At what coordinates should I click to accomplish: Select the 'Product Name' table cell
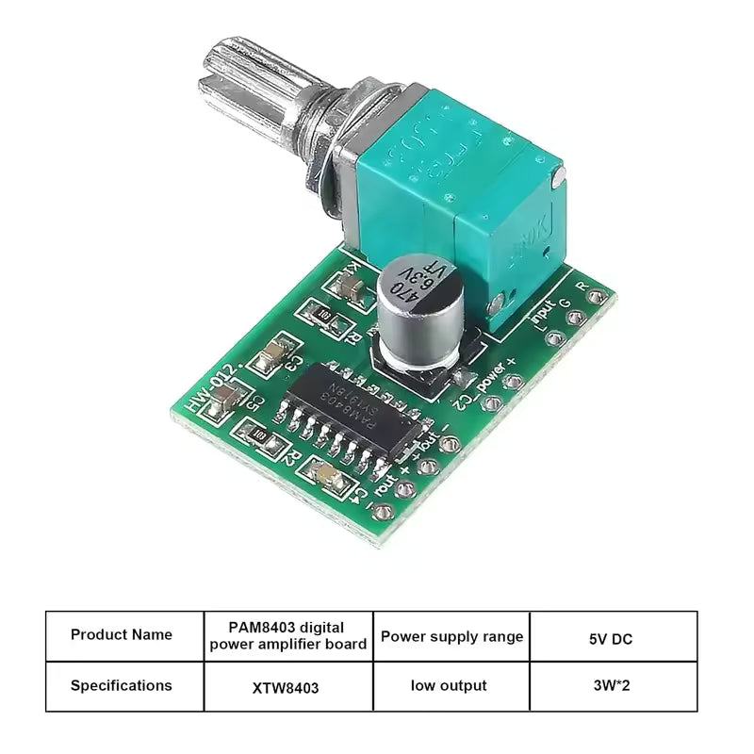coord(122,635)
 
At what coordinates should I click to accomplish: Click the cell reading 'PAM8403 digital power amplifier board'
coord(288,635)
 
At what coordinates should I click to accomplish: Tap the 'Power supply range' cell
coord(451,636)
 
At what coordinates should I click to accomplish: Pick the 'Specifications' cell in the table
coord(122,685)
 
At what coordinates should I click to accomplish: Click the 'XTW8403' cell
coord(288,687)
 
